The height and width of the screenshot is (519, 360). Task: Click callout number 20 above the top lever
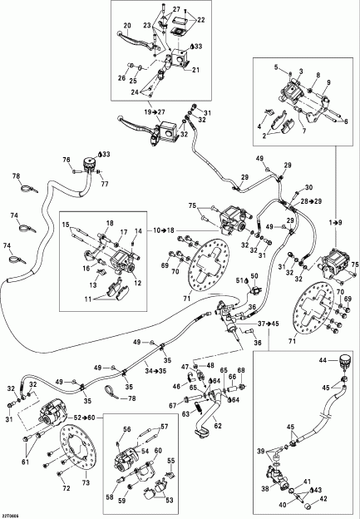[127, 26]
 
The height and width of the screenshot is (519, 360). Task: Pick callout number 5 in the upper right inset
[277, 65]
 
